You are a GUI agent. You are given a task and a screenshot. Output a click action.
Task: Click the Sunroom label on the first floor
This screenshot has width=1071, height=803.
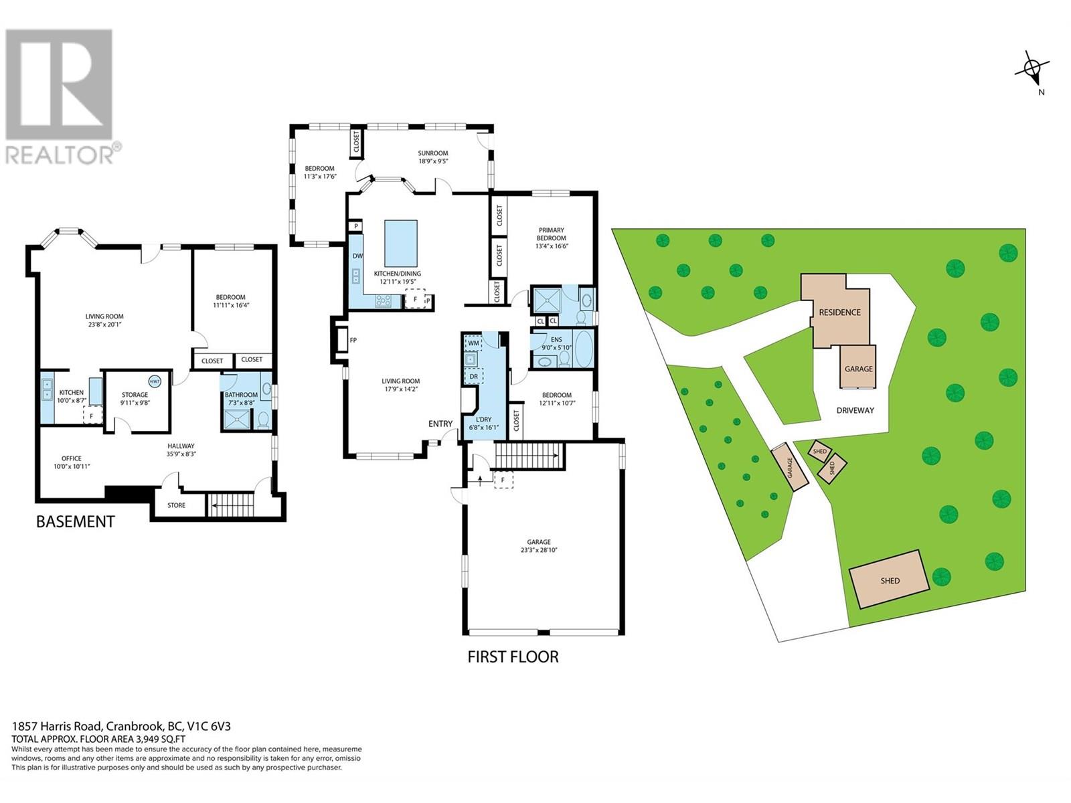pyautogui.click(x=432, y=153)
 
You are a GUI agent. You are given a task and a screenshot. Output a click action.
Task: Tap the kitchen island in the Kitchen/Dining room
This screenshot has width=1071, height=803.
pyautogui.click(x=401, y=244)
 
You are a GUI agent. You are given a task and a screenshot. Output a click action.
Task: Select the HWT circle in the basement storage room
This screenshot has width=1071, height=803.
pyautogui.click(x=155, y=381)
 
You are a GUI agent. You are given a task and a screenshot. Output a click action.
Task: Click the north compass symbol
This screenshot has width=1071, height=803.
pyautogui.click(x=1032, y=69)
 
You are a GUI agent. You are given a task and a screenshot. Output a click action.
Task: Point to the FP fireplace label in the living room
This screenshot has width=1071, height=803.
pyautogui.click(x=353, y=340)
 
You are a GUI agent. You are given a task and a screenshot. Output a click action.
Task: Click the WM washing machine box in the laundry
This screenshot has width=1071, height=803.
pyautogui.click(x=473, y=343)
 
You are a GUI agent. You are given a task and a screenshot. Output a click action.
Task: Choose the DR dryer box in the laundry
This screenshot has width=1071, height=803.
pyautogui.click(x=473, y=376)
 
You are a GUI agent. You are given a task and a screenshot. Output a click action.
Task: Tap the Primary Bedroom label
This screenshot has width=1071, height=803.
pyautogui.click(x=552, y=234)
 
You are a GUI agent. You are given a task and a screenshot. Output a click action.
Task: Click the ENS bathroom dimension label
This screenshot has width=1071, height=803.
pyautogui.click(x=557, y=347)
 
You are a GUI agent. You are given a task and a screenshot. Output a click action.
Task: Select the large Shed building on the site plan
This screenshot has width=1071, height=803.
pyautogui.click(x=890, y=579)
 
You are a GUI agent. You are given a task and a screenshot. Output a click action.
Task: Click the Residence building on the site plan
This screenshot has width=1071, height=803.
pyautogui.click(x=840, y=312)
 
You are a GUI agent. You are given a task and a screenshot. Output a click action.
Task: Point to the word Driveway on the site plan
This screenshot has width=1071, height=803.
pyautogui.click(x=855, y=410)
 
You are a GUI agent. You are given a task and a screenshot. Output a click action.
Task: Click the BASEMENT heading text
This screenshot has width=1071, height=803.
pyautogui.click(x=75, y=521)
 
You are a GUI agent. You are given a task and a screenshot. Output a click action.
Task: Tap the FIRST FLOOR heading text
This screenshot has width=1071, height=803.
pyautogui.click(x=513, y=656)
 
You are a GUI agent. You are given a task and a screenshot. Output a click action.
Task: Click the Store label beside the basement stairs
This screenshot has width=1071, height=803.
pyautogui.click(x=176, y=505)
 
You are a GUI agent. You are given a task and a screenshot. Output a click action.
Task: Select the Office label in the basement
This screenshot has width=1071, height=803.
pyautogui.click(x=71, y=458)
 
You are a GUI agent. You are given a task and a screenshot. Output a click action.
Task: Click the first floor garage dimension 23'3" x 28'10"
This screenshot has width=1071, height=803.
pyautogui.click(x=539, y=549)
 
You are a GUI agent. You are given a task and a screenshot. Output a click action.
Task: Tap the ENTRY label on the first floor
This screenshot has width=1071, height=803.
pyautogui.click(x=440, y=424)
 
